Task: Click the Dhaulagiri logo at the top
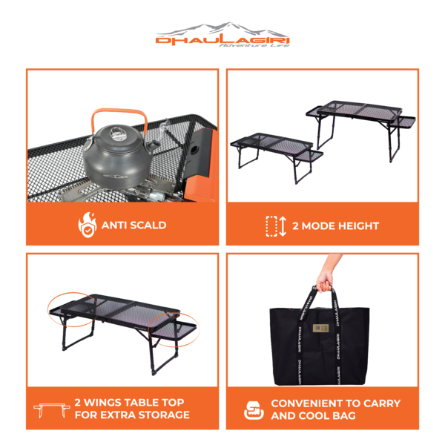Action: [x=222, y=35]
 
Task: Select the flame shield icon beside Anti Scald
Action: [x=88, y=225]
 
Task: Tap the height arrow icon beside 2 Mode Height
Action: [x=276, y=226]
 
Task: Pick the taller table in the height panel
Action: [x=360, y=128]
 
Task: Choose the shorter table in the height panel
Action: [x=277, y=156]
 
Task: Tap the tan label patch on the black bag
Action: [x=320, y=329]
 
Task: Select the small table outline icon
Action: [x=52, y=410]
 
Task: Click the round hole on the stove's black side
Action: [x=194, y=149]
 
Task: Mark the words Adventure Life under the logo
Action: [x=254, y=45]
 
